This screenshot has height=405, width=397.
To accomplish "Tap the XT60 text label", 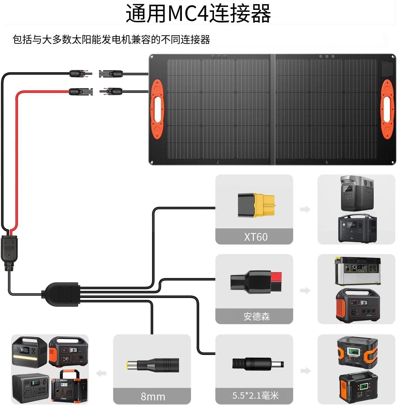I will [256, 237].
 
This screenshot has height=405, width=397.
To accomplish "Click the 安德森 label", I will [257, 316].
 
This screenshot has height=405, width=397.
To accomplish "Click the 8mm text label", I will [153, 396].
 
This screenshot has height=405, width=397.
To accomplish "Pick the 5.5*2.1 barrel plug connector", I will [257, 364].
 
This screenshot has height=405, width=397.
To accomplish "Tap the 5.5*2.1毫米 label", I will [256, 396].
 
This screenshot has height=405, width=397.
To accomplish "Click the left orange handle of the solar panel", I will [157, 109].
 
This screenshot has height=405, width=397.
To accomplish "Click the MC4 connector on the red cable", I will [81, 92].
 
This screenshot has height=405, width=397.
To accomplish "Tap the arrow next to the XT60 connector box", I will [305, 209].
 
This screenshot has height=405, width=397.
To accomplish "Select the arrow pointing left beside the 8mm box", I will [101, 373].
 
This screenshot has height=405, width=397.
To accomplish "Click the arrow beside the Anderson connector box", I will [305, 290].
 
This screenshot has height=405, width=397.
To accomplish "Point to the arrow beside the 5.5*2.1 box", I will [305, 371].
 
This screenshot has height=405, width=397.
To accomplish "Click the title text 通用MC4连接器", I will [198, 13].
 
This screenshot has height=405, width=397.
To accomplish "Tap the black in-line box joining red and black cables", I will [9, 250].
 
